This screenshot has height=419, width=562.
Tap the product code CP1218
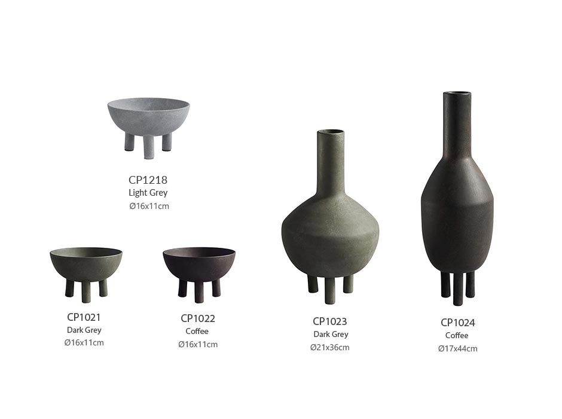[x=148, y=180]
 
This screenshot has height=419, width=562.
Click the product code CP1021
[x=84, y=317]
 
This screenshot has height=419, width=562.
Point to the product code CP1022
[x=198, y=318]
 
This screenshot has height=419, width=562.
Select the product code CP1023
[x=330, y=321]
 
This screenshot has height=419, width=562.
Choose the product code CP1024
[x=458, y=323]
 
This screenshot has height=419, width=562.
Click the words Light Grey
[x=148, y=193]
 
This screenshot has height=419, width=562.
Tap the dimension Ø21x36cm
[x=330, y=347]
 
